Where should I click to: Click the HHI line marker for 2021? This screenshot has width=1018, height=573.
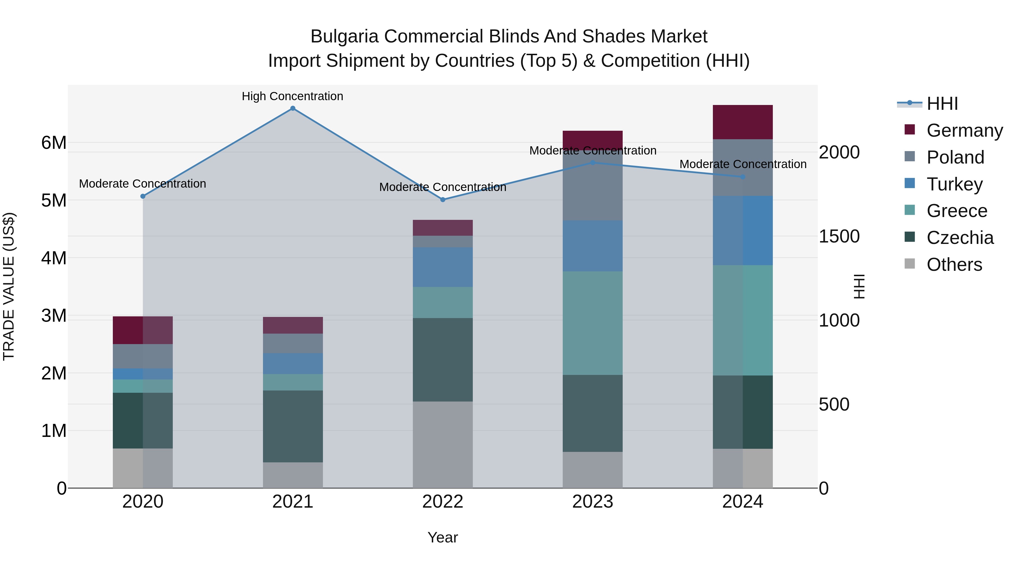pos(293,108)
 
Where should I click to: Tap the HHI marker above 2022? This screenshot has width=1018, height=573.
pos(443,200)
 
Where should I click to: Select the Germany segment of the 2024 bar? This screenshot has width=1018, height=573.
pos(743,122)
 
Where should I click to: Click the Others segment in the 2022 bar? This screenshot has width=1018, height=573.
pos(443,445)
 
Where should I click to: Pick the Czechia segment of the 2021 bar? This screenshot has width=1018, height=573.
pos(293,426)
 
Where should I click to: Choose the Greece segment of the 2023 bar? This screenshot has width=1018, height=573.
pos(592,323)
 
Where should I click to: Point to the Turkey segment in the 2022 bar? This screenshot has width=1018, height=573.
pos(443,267)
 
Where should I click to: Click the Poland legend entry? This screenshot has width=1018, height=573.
pos(955,157)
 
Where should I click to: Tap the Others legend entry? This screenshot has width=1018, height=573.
pos(954,265)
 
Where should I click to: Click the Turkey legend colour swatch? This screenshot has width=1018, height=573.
pos(910,183)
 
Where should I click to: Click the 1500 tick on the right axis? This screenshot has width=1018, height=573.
pos(839,237)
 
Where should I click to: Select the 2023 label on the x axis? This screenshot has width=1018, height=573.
pos(592,502)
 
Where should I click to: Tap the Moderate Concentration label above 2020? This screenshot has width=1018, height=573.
pos(143,184)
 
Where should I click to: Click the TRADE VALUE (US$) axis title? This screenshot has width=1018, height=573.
pos(9,286)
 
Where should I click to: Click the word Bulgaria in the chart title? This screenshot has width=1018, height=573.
pos(344,37)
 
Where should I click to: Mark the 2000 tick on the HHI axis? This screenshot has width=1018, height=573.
pos(839,152)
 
